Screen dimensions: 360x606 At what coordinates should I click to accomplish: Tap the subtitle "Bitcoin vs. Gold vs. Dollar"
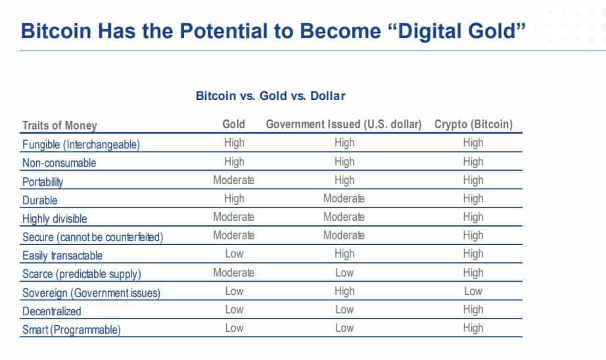(271, 96)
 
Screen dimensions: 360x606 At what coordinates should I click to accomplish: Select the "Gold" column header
(233, 124)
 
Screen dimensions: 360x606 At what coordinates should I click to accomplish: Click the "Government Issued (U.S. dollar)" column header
(344, 124)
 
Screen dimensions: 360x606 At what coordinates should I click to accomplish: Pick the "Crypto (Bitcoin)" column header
(473, 124)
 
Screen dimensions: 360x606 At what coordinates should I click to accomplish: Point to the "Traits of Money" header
(60, 125)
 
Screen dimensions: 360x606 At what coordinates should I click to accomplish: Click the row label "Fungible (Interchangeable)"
(82, 145)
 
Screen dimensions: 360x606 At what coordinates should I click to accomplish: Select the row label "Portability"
(43, 182)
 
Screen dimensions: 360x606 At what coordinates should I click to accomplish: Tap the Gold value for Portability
(233, 180)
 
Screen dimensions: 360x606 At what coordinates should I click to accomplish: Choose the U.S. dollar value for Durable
(344, 198)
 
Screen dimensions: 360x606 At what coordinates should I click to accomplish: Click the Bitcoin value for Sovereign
(473, 291)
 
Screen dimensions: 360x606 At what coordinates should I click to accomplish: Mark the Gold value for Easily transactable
(234, 254)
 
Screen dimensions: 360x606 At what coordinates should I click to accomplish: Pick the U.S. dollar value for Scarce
(344, 273)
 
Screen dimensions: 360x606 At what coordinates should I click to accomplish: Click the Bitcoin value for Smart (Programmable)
(473, 328)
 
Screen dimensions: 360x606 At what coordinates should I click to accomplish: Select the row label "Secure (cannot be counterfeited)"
(93, 237)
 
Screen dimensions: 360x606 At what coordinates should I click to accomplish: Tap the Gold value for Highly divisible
(233, 217)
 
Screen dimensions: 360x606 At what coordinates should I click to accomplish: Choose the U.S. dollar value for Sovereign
(344, 291)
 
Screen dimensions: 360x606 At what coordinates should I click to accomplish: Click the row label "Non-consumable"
(60, 164)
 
